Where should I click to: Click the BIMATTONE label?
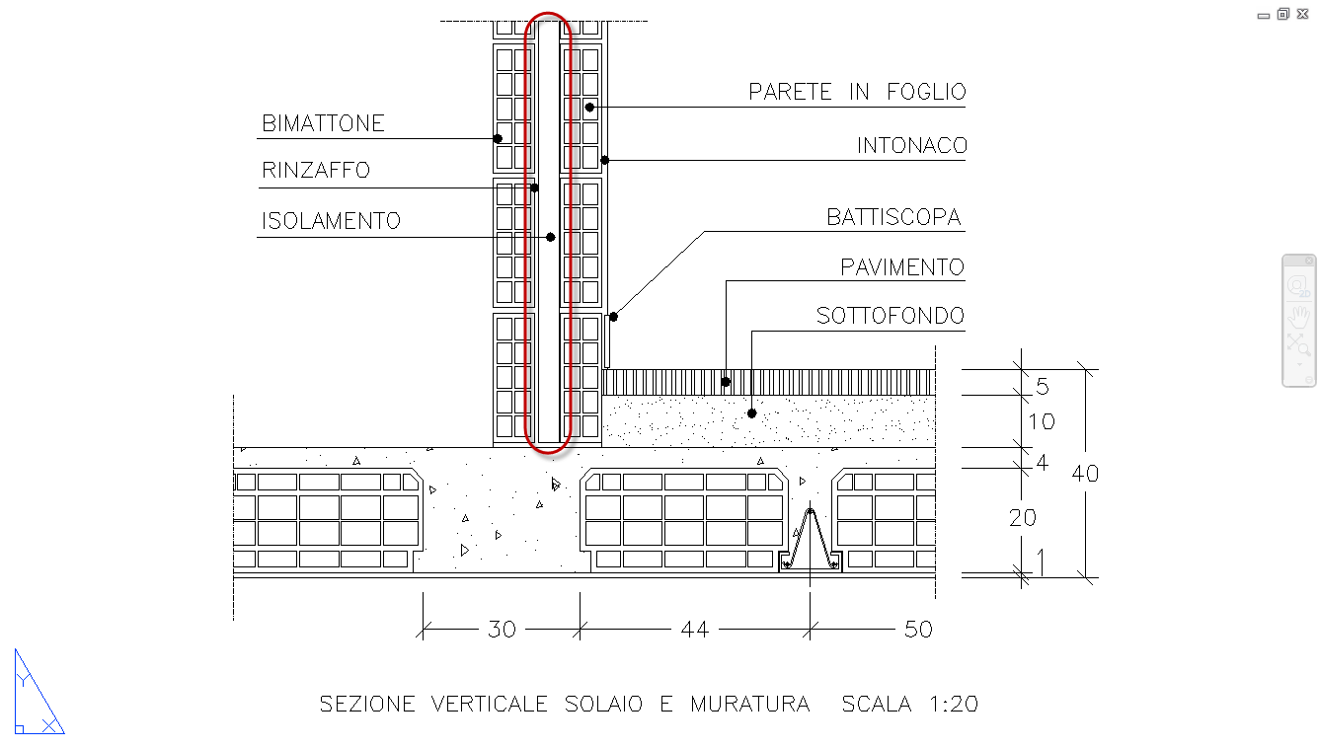coord(323,124)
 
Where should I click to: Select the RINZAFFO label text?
coord(316,171)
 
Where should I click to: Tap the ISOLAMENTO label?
coord(331,220)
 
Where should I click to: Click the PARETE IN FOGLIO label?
coord(856,92)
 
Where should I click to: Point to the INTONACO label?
coord(911,146)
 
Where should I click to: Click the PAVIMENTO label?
coord(901,267)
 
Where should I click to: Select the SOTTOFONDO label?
coord(890,317)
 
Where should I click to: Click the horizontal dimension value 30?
coord(502,629)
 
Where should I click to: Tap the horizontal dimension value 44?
coord(694,629)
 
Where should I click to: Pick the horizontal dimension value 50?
coord(918,629)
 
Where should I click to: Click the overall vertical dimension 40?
coord(1085,474)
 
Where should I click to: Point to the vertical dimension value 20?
coord(1022,517)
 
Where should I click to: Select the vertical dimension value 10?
coord(1041,422)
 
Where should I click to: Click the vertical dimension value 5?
coord(1042,386)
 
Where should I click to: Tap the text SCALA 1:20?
coord(909,705)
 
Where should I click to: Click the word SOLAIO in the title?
coord(604,705)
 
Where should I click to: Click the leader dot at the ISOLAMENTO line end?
coord(550,237)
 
